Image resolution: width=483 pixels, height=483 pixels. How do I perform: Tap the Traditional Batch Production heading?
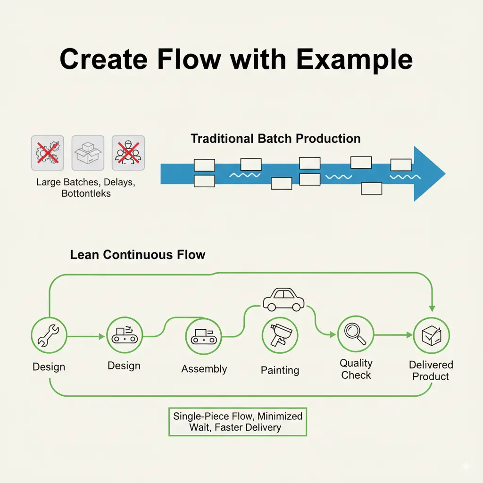(275, 139)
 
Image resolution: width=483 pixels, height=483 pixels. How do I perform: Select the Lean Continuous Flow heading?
(138, 255)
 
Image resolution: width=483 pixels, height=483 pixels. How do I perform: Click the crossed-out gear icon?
(48, 153)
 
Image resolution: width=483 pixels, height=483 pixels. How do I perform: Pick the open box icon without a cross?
(88, 153)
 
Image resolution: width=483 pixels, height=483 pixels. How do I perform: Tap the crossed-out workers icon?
(128, 153)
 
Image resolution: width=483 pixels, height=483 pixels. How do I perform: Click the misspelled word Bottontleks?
(86, 193)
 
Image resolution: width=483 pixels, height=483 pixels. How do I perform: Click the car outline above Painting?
(283, 300)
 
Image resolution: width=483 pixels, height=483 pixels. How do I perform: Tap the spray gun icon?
(280, 335)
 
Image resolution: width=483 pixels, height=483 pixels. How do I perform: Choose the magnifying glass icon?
(356, 333)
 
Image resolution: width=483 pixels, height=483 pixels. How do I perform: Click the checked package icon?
(431, 335)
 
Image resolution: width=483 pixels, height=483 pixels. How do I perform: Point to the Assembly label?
(204, 369)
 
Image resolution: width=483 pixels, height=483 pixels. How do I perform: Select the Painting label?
(280, 370)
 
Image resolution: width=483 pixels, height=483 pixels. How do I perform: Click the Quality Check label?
(356, 369)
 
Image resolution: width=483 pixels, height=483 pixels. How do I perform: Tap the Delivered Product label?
(431, 371)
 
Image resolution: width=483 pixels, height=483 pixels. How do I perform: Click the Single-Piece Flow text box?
(238, 422)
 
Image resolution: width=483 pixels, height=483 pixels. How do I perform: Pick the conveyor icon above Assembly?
(204, 336)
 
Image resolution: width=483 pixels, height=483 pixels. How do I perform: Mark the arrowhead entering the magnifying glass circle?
(333, 334)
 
